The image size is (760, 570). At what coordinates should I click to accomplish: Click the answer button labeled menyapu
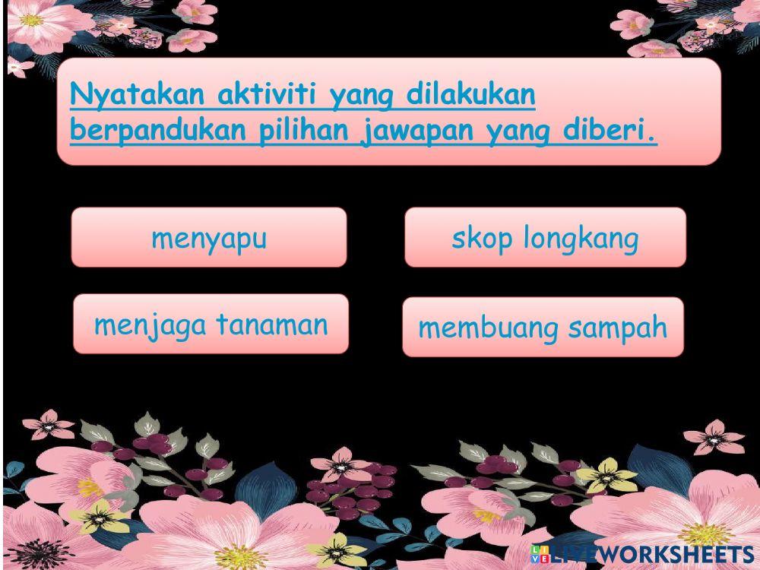coord(209,238)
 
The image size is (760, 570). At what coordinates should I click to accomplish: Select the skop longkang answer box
coord(545,238)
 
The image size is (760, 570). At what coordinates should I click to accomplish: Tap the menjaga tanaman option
coord(211,325)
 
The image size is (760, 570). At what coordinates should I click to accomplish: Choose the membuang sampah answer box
coord(543,328)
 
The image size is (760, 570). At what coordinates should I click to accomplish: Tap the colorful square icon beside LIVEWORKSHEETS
coord(540,554)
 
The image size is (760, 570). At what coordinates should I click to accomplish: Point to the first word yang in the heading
coord(361,97)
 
